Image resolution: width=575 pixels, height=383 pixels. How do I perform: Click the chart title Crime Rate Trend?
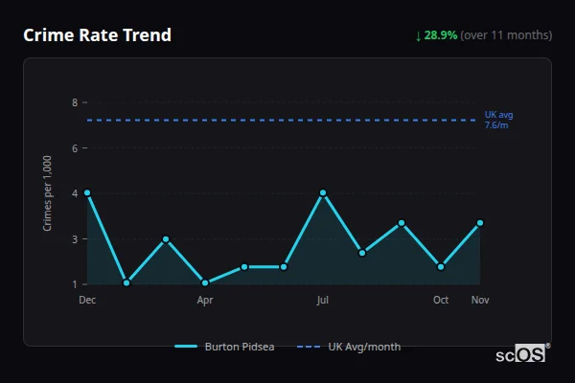coord(97,35)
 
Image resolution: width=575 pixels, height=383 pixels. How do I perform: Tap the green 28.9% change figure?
coord(442,35)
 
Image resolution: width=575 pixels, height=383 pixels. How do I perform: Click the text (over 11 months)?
coord(506,35)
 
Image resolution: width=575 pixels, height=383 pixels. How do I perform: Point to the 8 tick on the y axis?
coord(75,101)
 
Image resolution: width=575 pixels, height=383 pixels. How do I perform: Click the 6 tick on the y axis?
coord(75,147)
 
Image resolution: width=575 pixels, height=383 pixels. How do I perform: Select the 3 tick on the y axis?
coord(75,238)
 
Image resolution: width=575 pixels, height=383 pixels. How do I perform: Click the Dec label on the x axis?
coord(87,301)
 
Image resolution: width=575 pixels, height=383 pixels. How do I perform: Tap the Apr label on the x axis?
coord(205,301)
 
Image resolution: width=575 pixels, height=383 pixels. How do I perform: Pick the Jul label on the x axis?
coord(323,301)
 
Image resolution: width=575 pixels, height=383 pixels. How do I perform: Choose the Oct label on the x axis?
coord(441,301)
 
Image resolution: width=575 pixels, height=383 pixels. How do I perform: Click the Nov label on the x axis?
coord(480,301)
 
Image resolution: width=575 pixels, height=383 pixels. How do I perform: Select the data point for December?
coord(87,193)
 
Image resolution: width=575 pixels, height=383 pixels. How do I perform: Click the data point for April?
coord(205,282)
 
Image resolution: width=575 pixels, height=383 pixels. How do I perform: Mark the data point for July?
coord(323,193)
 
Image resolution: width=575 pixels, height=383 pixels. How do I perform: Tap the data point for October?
coord(441,267)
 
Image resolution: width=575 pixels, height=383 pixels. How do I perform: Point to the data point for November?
coord(480,223)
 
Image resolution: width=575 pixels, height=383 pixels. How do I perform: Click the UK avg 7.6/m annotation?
coord(498,120)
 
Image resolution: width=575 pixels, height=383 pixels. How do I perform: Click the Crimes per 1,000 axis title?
coord(47,193)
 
